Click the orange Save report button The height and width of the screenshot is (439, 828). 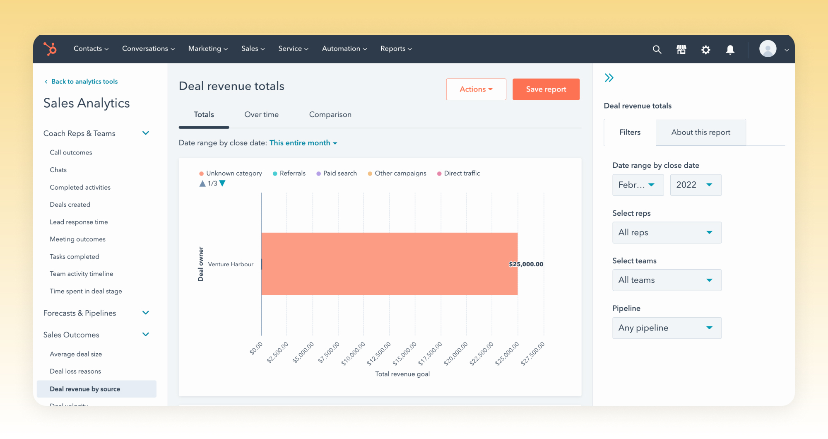point(546,89)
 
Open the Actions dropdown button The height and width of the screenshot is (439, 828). point(476,89)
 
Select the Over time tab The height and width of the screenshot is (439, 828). point(262,115)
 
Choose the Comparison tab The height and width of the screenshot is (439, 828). point(330,115)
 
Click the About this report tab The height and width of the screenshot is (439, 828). point(701,132)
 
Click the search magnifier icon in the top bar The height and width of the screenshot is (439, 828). point(657,50)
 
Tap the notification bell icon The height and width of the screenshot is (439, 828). point(730,50)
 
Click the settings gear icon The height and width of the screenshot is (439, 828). point(706,50)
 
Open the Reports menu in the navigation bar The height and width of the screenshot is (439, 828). point(396,49)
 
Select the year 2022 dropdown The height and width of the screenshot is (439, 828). point(696,185)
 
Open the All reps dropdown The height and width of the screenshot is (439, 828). point(667,232)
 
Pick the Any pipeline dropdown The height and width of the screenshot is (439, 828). point(667,328)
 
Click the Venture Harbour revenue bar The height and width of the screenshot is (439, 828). point(389,264)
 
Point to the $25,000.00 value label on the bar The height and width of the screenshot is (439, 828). point(526,264)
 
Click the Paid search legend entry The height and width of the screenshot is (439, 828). point(337,174)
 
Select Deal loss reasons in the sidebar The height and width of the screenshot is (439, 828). point(75,371)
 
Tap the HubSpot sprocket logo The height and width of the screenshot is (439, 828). point(50,49)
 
